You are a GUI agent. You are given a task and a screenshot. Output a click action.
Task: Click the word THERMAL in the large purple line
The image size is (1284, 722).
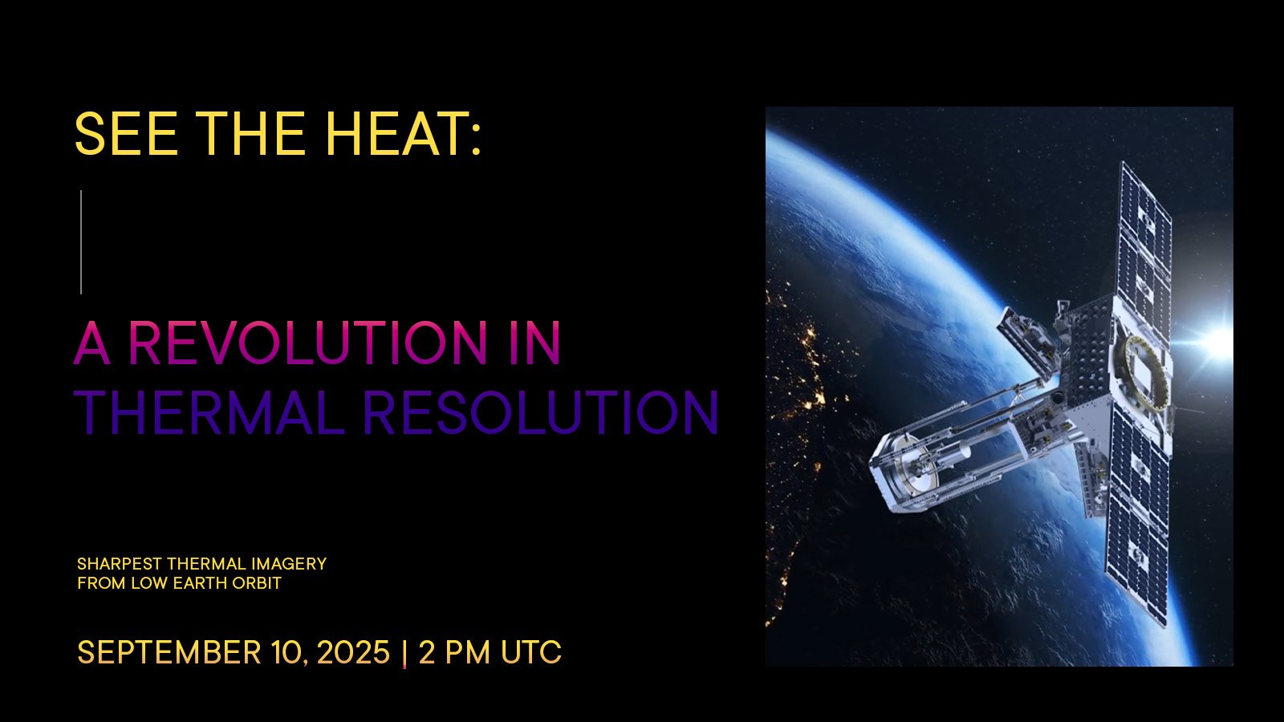pos(210,412)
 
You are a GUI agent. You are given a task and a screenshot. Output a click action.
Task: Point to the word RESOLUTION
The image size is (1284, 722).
pos(541,412)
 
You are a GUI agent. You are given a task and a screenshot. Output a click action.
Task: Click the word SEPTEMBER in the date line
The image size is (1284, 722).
pos(169,652)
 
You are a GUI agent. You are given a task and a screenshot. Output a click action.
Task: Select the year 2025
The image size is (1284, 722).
pos(353,652)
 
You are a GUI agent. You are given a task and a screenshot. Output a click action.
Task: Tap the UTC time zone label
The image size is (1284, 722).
pos(530,652)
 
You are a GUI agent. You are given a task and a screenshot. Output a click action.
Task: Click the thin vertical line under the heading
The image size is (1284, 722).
pos(81,241)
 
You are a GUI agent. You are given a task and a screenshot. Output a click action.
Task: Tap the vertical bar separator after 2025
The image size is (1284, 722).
pos(404,653)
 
